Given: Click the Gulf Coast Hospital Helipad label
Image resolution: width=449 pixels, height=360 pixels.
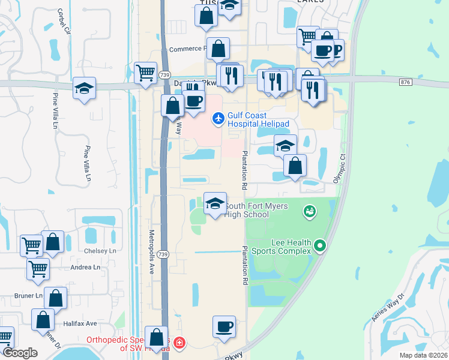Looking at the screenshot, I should [x=258, y=119].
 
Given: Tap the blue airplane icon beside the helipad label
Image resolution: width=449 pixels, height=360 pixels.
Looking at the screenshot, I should [x=218, y=119].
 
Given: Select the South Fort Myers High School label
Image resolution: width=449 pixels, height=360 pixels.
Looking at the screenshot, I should [x=255, y=211].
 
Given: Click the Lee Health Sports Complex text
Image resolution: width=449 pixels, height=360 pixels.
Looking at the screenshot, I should [x=291, y=247].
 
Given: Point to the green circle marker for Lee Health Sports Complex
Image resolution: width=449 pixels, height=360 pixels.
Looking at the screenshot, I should [x=320, y=245].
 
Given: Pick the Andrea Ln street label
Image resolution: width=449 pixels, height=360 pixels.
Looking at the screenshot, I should [x=86, y=267].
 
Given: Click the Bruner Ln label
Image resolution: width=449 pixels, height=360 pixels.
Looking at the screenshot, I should [x=29, y=296].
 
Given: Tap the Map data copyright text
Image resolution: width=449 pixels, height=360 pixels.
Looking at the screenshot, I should [x=423, y=355].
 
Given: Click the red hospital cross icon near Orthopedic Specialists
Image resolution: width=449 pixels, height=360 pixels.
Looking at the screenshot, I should [x=179, y=344].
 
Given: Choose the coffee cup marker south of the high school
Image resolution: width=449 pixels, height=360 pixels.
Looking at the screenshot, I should [x=224, y=326].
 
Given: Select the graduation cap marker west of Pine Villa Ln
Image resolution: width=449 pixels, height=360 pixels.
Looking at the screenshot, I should [x=84, y=88].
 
